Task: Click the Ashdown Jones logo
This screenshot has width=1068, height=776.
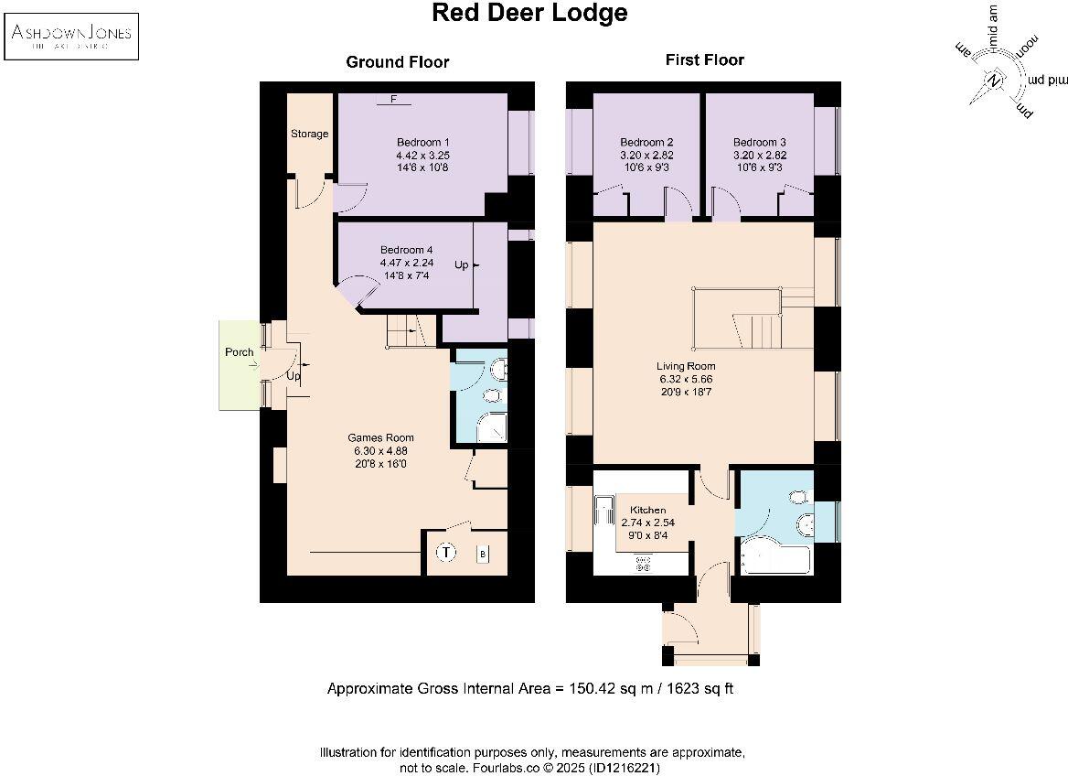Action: tap(71, 36)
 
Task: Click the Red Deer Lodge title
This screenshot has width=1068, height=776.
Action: tap(529, 14)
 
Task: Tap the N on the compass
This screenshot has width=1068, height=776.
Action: tap(995, 81)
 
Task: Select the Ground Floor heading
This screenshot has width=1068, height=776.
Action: tap(397, 62)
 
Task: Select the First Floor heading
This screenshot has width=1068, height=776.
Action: tap(704, 60)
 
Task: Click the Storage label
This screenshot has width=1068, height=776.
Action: tap(309, 134)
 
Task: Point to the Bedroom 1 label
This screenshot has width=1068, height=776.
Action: tap(422, 143)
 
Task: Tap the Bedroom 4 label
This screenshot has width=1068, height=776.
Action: tap(407, 250)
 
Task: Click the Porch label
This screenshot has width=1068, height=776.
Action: tap(239, 352)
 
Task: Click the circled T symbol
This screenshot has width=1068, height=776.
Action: tap(446, 553)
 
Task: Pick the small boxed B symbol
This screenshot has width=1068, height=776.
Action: tap(483, 554)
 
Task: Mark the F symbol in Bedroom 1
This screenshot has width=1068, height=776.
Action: tap(393, 99)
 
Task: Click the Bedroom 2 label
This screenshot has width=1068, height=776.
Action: tap(646, 143)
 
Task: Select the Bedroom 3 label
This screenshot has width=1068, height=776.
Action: tap(759, 143)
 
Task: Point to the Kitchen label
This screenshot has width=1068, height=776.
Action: tap(647, 510)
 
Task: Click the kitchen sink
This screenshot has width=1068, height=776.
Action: tap(604, 511)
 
